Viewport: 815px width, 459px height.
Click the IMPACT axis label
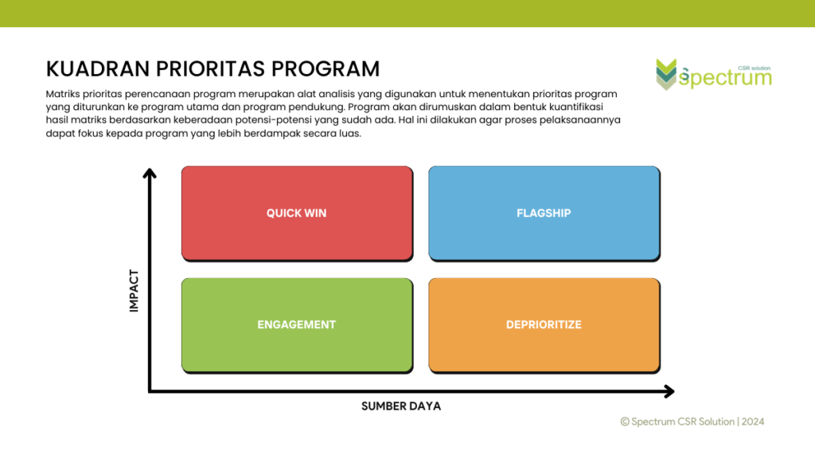pyautogui.click(x=134, y=290)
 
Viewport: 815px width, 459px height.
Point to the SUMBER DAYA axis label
pyautogui.click(x=401, y=406)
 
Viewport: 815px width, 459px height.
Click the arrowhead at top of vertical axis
pyautogui.click(x=149, y=173)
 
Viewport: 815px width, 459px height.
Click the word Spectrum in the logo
pyautogui.click(x=725, y=79)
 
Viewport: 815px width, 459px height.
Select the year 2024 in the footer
pyautogui.click(x=753, y=422)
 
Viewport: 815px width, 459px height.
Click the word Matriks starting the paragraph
pyautogui.click(x=62, y=94)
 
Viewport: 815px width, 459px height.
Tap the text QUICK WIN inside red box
pyautogui.click(x=296, y=214)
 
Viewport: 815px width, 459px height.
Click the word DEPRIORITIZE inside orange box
pyautogui.click(x=544, y=325)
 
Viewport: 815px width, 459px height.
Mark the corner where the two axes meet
pyautogui.click(x=150, y=391)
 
